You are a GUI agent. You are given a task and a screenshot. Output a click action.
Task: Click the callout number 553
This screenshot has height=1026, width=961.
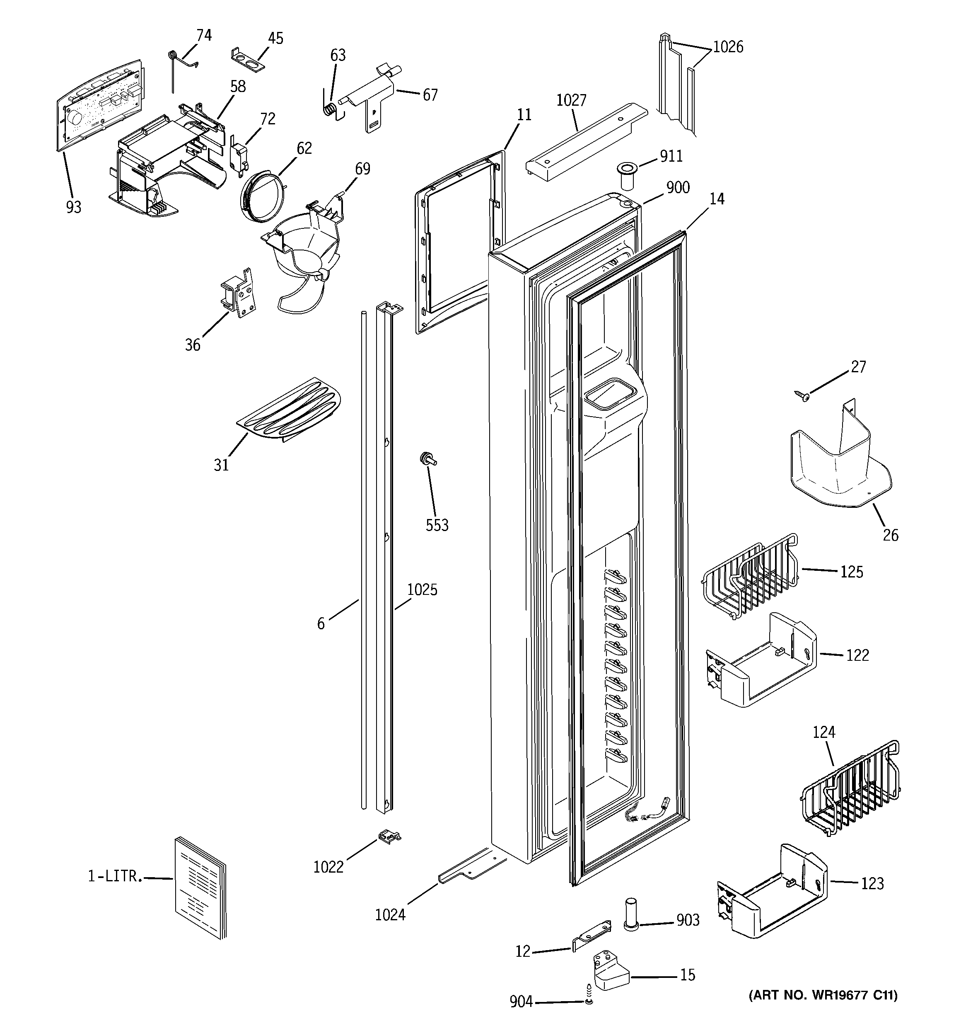(x=437, y=525)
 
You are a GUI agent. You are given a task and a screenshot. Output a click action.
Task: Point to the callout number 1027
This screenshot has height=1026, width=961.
(x=571, y=100)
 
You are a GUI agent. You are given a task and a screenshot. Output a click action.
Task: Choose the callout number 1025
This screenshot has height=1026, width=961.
(x=422, y=589)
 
